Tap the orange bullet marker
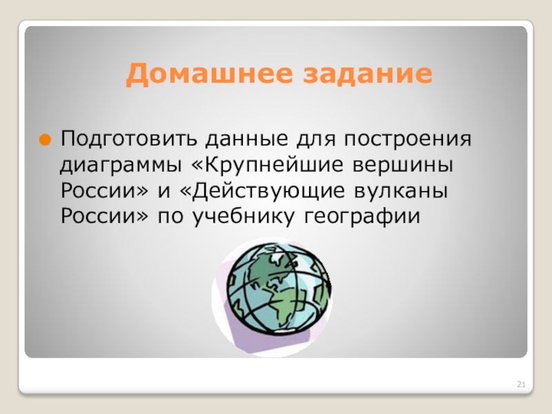45,140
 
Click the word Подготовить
129,139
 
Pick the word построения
408,139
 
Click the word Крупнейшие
268,165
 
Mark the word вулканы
401,191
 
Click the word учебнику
244,216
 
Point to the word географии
362,217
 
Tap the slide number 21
521,384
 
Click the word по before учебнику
170,217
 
